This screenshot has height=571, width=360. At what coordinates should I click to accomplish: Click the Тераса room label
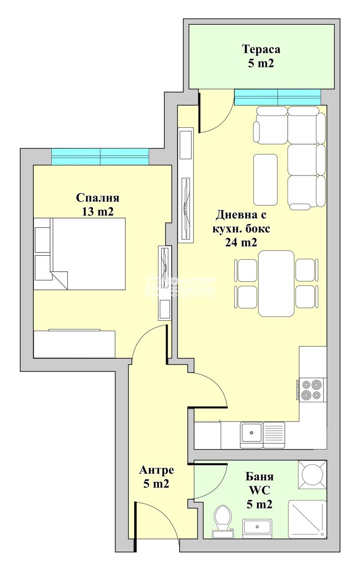pos(261,49)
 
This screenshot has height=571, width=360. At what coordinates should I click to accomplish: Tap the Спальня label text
pos(98,198)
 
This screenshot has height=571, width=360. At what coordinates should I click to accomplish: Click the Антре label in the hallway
pos(156,471)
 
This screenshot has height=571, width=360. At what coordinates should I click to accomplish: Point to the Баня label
pos(260,477)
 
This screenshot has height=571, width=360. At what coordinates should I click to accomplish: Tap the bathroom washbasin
pos(257,527)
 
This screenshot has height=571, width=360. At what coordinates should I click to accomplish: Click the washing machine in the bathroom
pos(312,474)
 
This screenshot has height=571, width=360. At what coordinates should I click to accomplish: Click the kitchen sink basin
pos(251,435)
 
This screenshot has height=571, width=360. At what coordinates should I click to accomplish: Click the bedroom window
pos(100,157)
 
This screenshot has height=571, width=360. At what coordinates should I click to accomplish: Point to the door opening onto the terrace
pos(215,112)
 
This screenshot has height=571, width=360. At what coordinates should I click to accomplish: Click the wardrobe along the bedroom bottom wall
pos(74,344)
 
